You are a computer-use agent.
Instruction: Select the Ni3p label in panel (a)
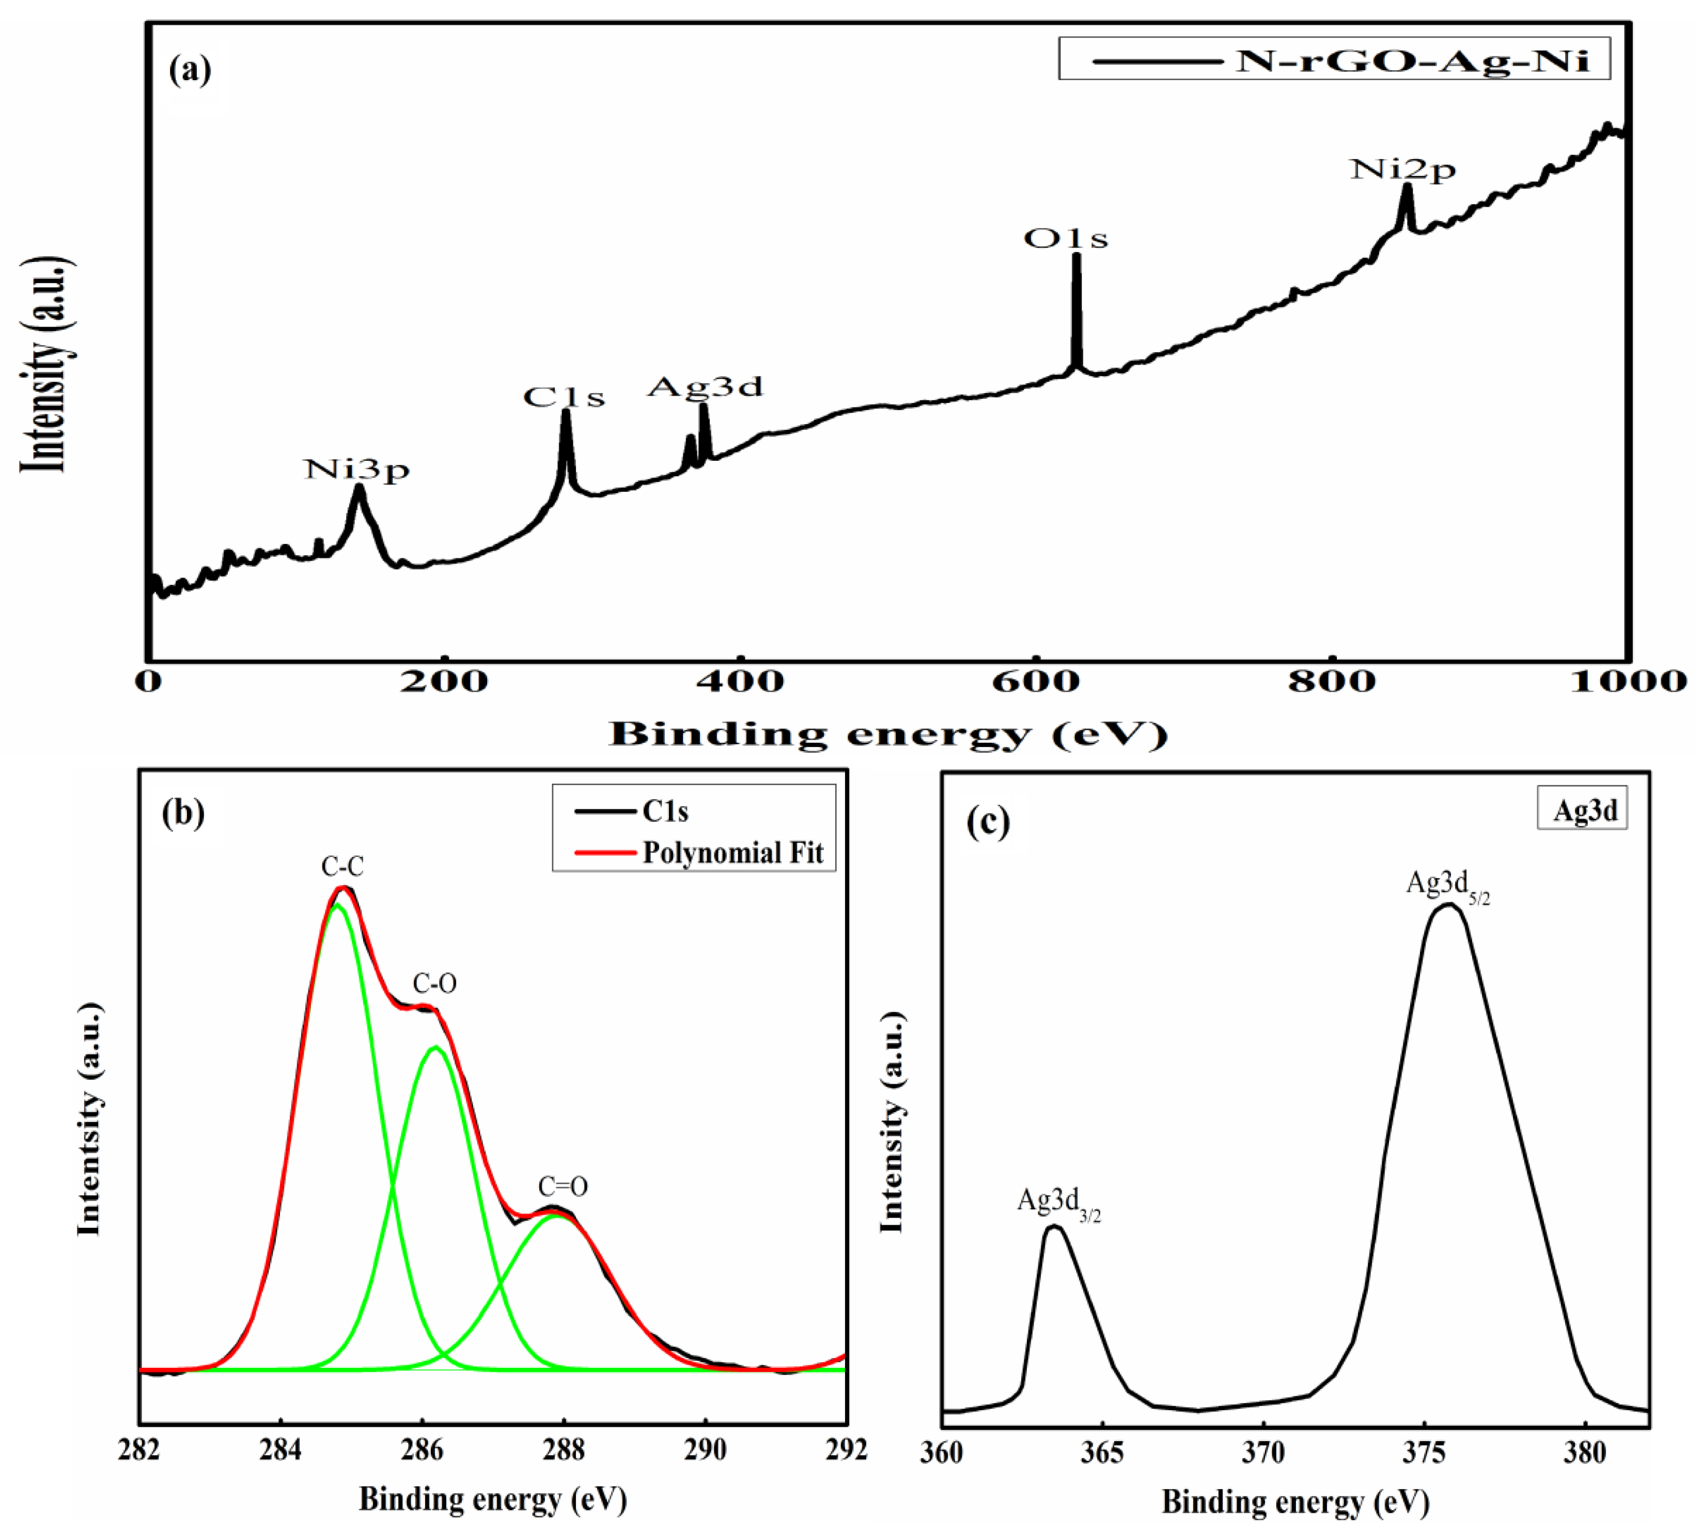pyautogui.click(x=357, y=470)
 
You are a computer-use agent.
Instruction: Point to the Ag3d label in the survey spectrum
pyautogui.click(x=705, y=386)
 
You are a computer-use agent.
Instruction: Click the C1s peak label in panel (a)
pyautogui.click(x=564, y=397)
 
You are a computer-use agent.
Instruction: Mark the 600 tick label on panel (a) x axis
pyautogui.click(x=1035, y=681)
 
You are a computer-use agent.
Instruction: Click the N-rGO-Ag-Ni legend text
pyautogui.click(x=1414, y=60)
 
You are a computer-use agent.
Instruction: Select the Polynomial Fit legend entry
pyautogui.click(x=732, y=853)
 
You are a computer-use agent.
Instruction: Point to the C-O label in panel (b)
pyautogui.click(x=434, y=984)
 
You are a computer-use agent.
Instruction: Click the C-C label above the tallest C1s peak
pyautogui.click(x=343, y=867)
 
